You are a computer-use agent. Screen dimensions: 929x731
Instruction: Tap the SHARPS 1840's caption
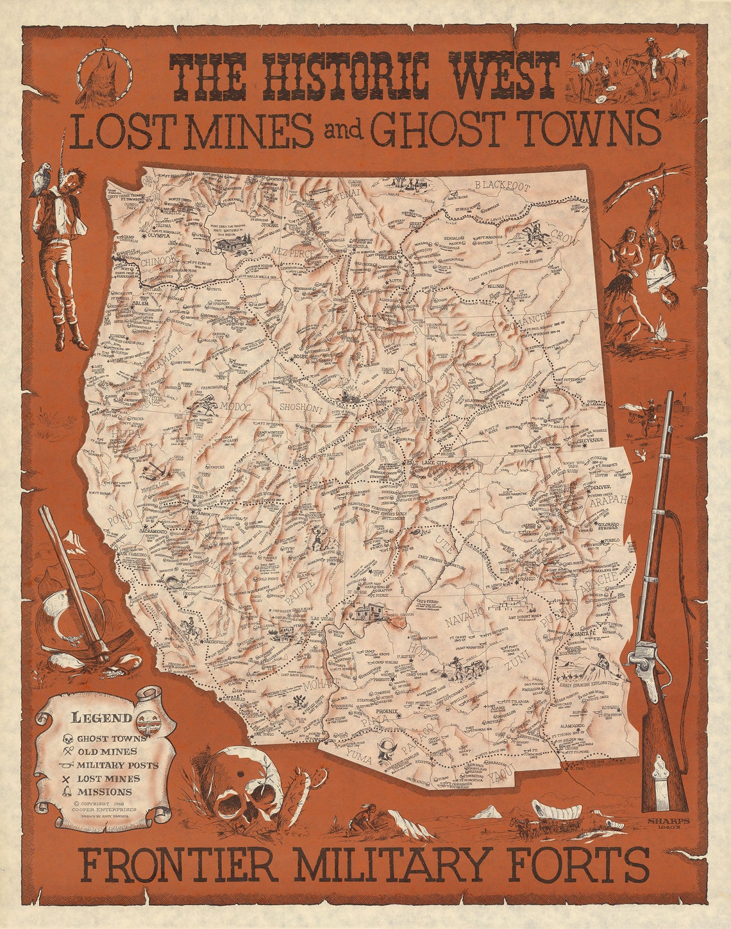click(668, 823)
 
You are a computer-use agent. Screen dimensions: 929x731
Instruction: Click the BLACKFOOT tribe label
click(502, 186)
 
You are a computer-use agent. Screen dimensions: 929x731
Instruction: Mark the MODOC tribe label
click(237, 406)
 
